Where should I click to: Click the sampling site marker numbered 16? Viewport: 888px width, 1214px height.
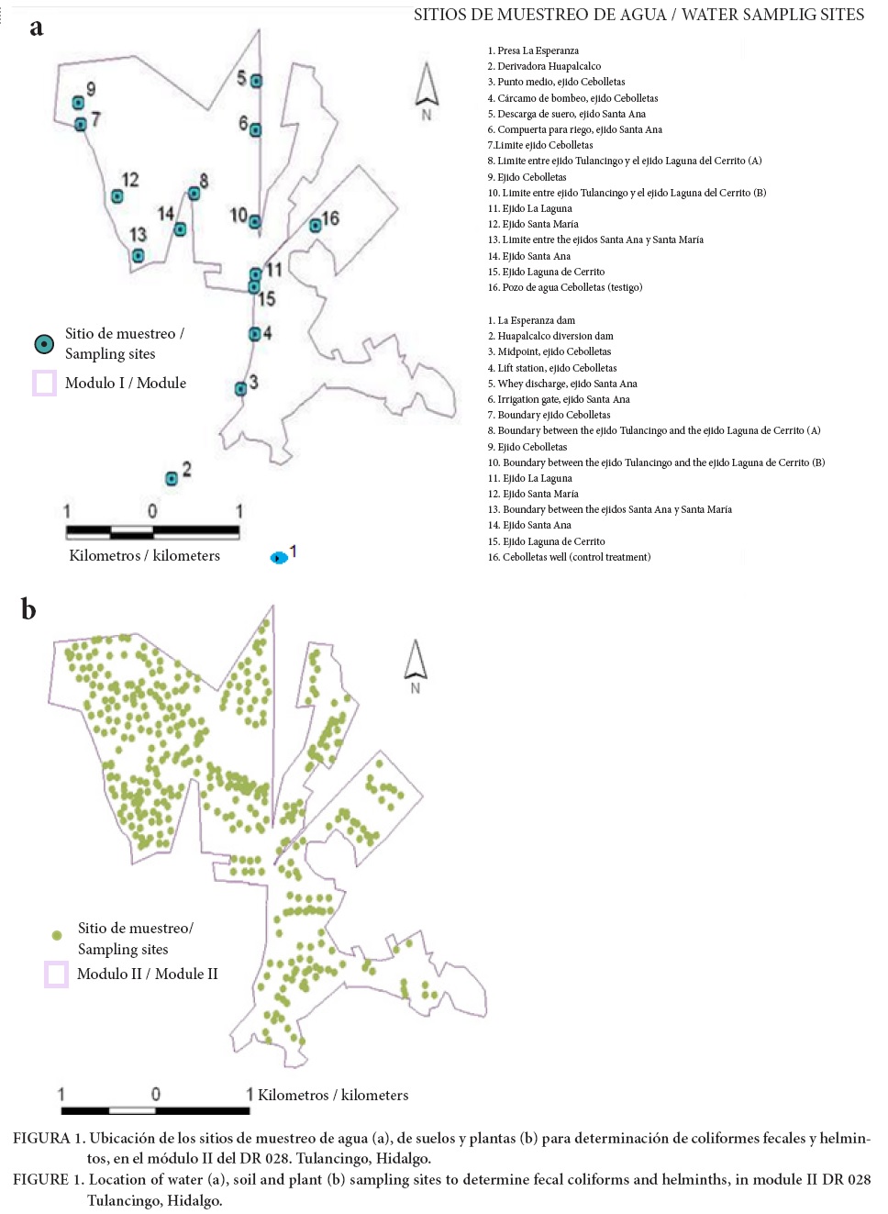[x=316, y=225]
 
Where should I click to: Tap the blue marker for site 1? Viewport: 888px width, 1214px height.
[x=279, y=557]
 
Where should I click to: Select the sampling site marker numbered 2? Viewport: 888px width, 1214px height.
[x=172, y=478]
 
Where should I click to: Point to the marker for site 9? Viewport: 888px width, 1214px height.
[x=79, y=103]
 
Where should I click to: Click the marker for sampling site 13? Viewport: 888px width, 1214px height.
[x=138, y=256]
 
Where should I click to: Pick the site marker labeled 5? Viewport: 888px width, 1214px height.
[x=256, y=81]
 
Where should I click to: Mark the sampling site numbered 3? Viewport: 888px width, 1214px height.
[x=240, y=388]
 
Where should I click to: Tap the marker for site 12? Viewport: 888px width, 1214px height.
[x=117, y=195]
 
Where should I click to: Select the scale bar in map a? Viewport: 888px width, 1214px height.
[x=152, y=531]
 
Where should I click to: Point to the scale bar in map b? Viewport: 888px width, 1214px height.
[x=155, y=1110]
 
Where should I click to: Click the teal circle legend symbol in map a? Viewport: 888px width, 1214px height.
[x=43, y=344]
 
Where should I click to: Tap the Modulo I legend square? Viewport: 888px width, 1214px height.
[x=44, y=383]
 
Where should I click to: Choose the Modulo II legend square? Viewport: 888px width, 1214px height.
[x=56, y=974]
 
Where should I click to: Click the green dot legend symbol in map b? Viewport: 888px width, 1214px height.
[x=57, y=935]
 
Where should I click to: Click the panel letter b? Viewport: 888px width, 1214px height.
[x=28, y=609]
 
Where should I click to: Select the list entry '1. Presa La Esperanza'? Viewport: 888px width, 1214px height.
[x=533, y=50]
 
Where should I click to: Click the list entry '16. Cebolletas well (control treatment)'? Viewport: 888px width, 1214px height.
[x=569, y=557]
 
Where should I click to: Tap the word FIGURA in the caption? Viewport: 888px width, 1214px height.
[x=41, y=1138]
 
